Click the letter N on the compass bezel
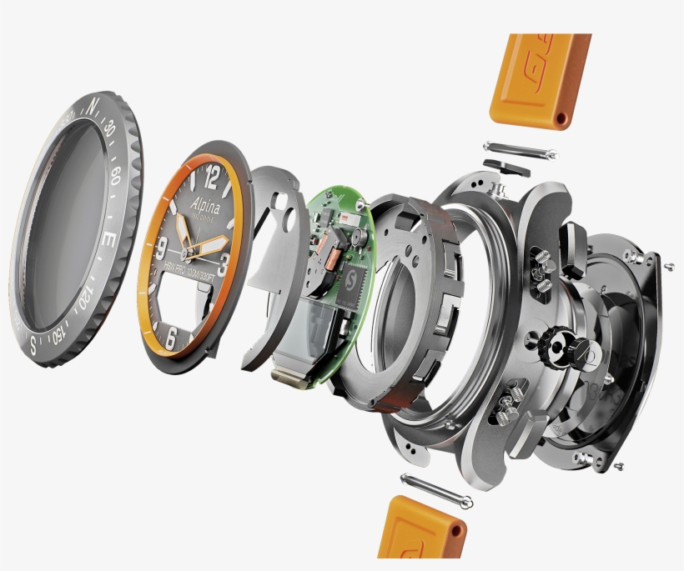point(93,105)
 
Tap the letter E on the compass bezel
point(108,239)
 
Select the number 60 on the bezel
point(114,176)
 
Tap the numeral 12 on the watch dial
point(212,177)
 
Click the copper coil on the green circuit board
point(332,267)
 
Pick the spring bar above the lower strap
point(435,491)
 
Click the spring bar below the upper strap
point(518,156)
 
